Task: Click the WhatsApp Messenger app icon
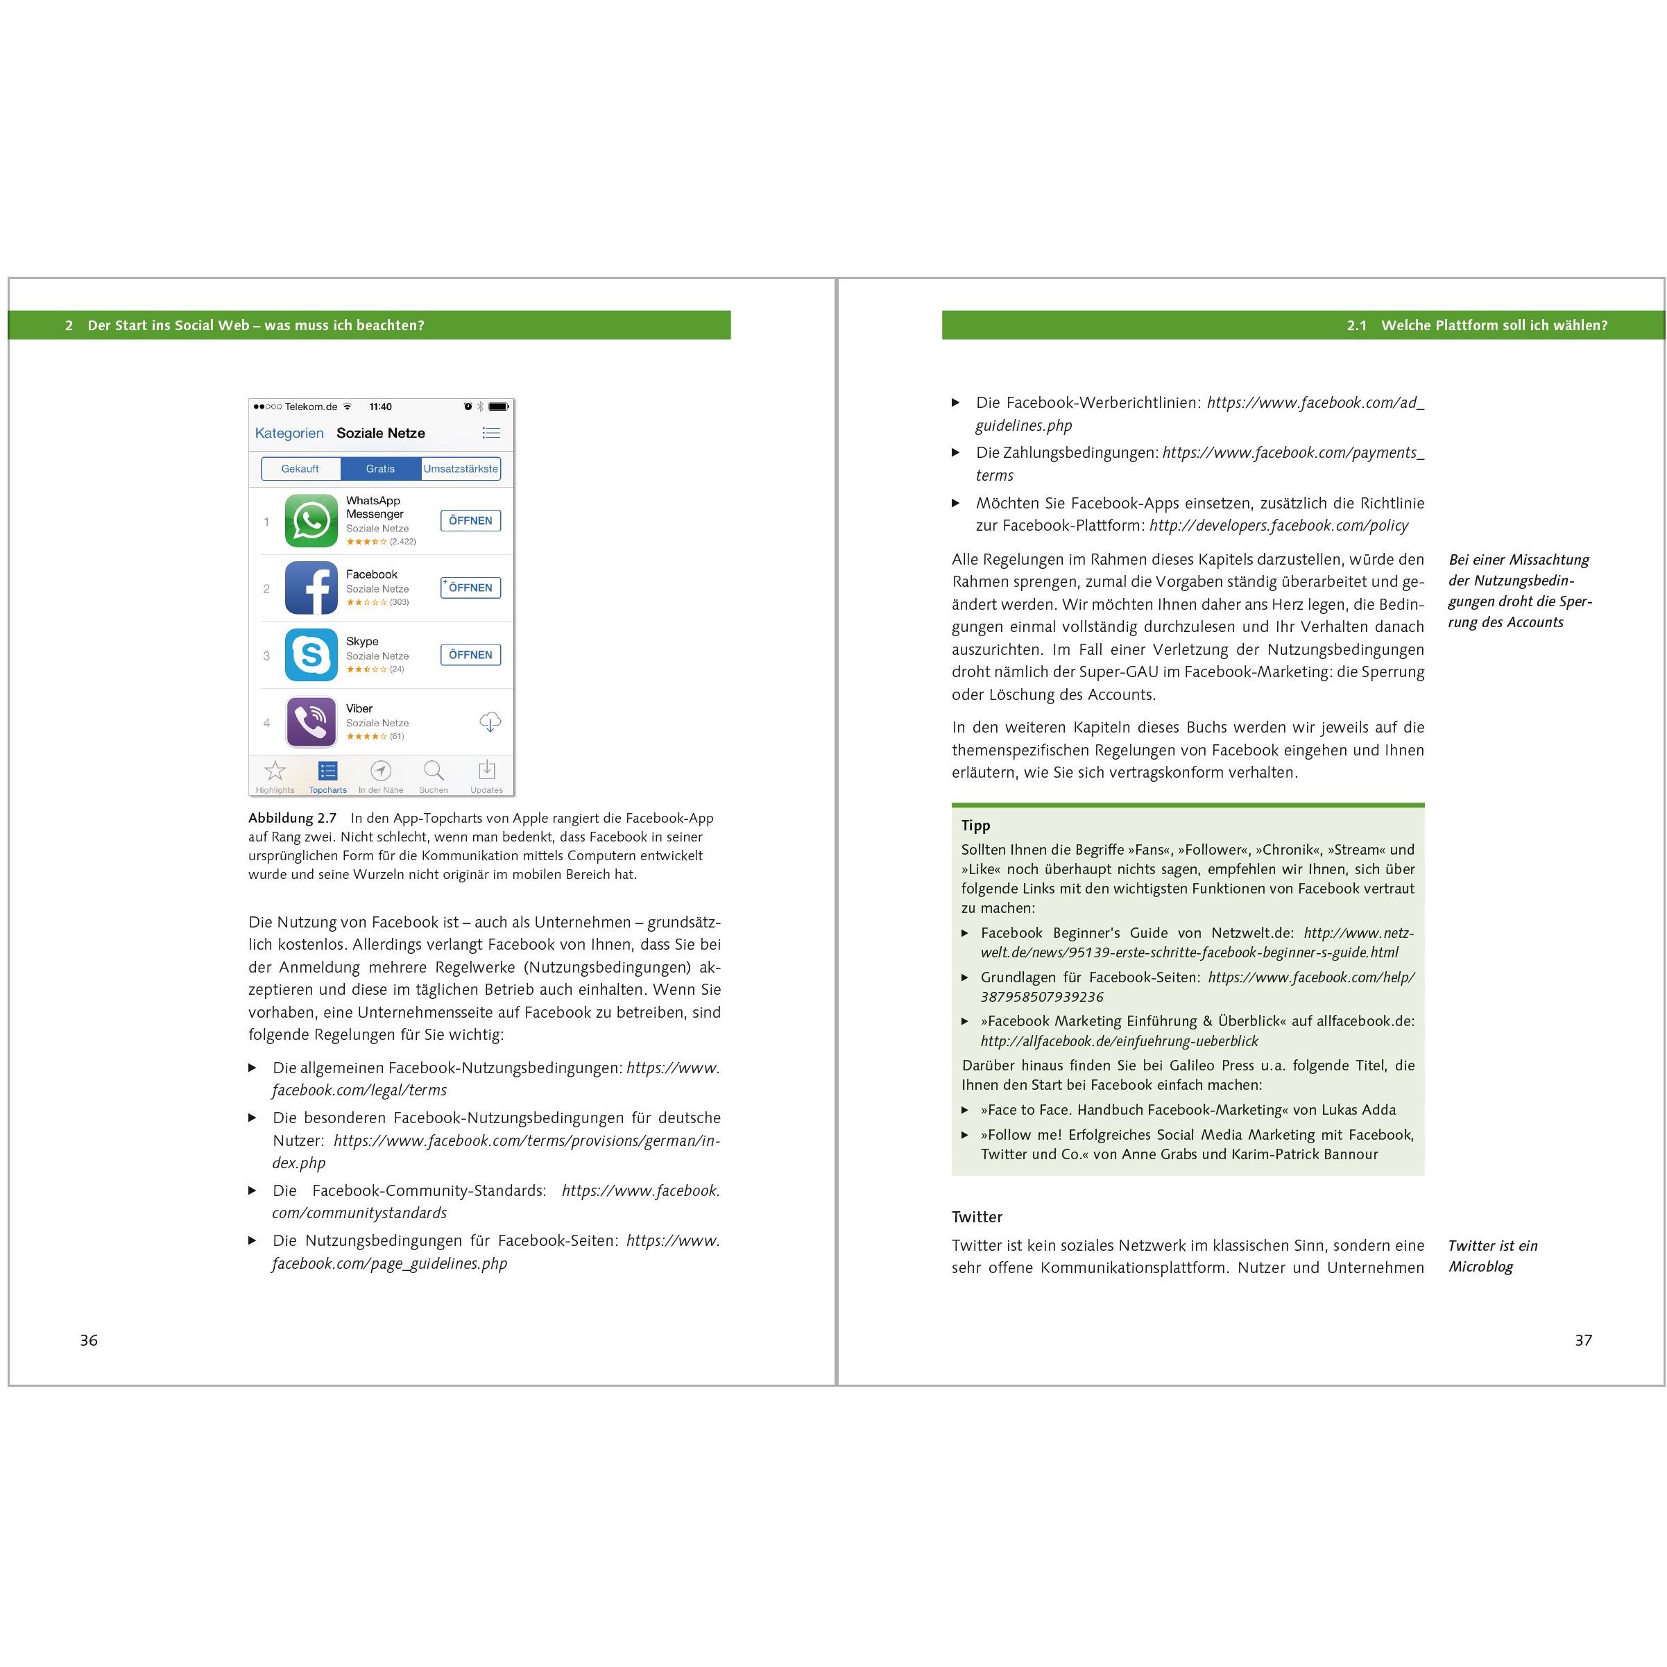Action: pyautogui.click(x=311, y=520)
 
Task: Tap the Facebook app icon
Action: pyautogui.click(x=311, y=588)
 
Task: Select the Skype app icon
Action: pyautogui.click(x=311, y=655)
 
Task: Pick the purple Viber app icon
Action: pyautogui.click(x=311, y=722)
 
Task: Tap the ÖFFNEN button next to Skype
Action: pyautogui.click(x=470, y=655)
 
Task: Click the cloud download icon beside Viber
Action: pyautogui.click(x=490, y=722)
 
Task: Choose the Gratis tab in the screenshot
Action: pyautogui.click(x=381, y=468)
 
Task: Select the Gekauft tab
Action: pyautogui.click(x=300, y=468)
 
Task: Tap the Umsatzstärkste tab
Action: pyautogui.click(x=461, y=468)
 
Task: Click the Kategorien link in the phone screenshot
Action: pyautogui.click(x=289, y=433)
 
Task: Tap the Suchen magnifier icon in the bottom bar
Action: pyautogui.click(x=433, y=771)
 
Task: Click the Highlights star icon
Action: pyautogui.click(x=275, y=771)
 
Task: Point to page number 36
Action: pyautogui.click(x=89, y=1340)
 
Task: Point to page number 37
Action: pyautogui.click(x=1583, y=1340)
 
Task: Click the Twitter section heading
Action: pyautogui.click(x=977, y=1217)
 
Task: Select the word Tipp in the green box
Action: pyautogui.click(x=976, y=825)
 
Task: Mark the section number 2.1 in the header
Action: pyautogui.click(x=1356, y=325)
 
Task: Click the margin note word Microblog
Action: pyautogui.click(x=1480, y=1267)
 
